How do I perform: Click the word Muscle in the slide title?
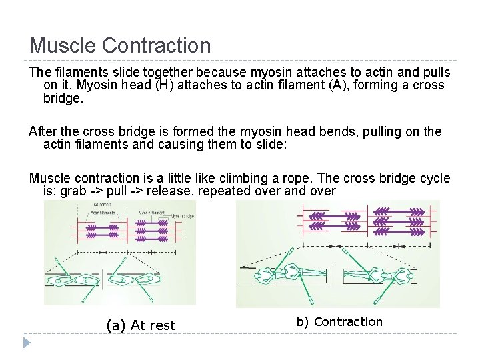tap(61, 46)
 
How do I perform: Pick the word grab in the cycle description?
tap(74, 192)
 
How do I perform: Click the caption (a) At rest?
tap(141, 325)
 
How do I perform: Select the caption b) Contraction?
tap(340, 322)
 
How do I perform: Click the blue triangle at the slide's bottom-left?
tap(26, 343)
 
